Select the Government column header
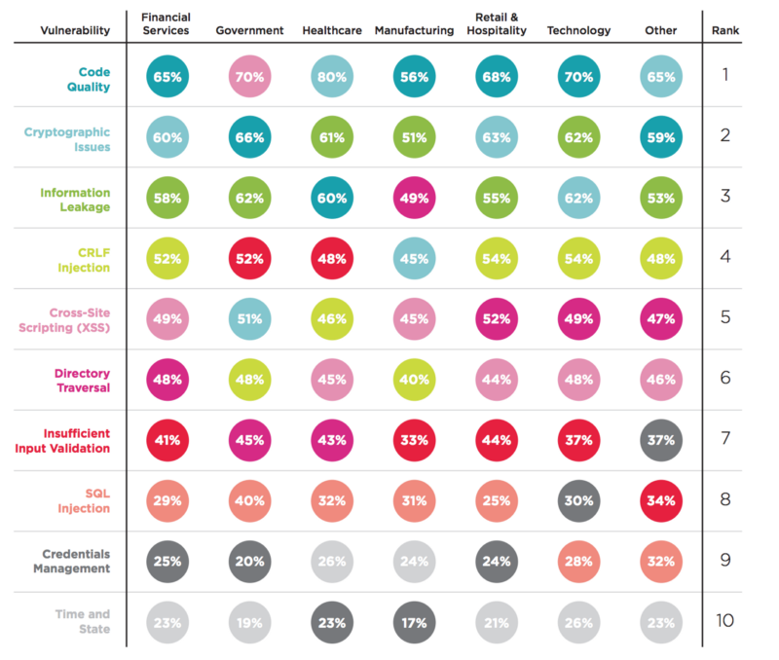[x=250, y=30]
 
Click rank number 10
[x=725, y=620]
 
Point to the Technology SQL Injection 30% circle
[x=578, y=500]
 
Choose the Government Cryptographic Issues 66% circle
[x=250, y=138]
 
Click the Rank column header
[x=725, y=30]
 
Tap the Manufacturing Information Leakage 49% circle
[x=414, y=199]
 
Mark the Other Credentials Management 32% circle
[x=660, y=561]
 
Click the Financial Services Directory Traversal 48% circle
[x=166, y=380]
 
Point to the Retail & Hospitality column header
[x=497, y=24]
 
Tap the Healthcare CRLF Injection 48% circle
[x=332, y=259]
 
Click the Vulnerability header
[x=75, y=30]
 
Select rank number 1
[x=725, y=75]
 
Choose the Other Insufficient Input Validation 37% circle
[x=660, y=440]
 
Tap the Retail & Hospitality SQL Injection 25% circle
[x=497, y=500]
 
